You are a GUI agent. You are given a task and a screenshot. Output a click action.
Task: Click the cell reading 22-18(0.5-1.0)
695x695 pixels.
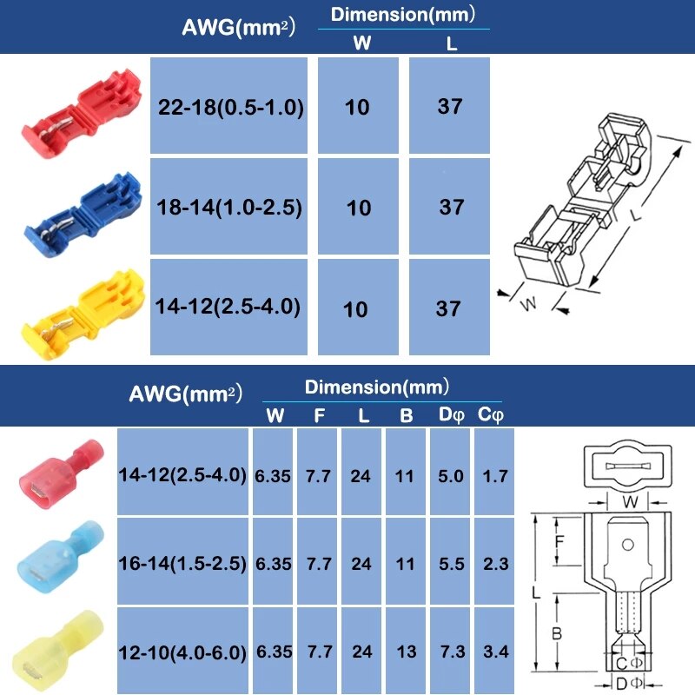click(230, 108)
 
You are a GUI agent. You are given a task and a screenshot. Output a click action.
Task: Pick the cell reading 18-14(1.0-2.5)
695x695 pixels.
click(230, 208)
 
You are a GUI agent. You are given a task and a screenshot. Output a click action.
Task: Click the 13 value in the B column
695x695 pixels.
click(406, 652)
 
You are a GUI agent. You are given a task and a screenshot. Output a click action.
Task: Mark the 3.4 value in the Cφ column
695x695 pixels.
click(494, 652)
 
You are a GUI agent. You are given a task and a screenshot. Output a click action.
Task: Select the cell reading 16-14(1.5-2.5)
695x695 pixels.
click(182, 564)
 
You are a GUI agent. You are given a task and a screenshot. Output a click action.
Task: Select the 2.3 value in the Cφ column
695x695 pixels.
click(494, 564)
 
